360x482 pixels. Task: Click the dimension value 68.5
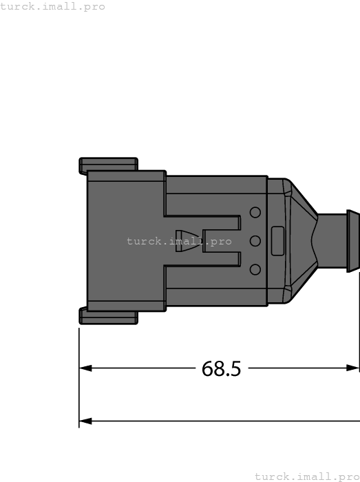(x=221, y=369)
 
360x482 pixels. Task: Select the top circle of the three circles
(x=255, y=213)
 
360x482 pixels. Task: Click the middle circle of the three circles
(x=255, y=241)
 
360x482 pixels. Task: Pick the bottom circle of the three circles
(x=255, y=269)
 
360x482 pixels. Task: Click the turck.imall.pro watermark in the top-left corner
(x=53, y=6)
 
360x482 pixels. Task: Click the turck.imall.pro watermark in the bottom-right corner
(x=307, y=476)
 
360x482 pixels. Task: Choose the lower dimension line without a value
(x=220, y=420)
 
